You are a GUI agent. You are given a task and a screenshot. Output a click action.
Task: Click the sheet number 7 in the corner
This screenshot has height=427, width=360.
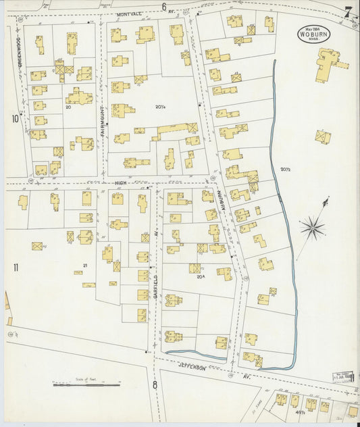(x=347, y=11)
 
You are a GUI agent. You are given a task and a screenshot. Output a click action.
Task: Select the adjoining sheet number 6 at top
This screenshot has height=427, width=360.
(x=163, y=7)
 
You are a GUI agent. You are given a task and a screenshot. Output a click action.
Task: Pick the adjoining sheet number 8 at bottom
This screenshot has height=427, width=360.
(x=155, y=385)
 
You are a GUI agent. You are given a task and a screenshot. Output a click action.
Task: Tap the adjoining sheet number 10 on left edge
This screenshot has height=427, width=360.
(x=14, y=120)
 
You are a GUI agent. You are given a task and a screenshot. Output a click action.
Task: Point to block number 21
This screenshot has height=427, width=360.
(x=84, y=266)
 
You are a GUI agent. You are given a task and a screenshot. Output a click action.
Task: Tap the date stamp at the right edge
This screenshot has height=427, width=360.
(x=344, y=376)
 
